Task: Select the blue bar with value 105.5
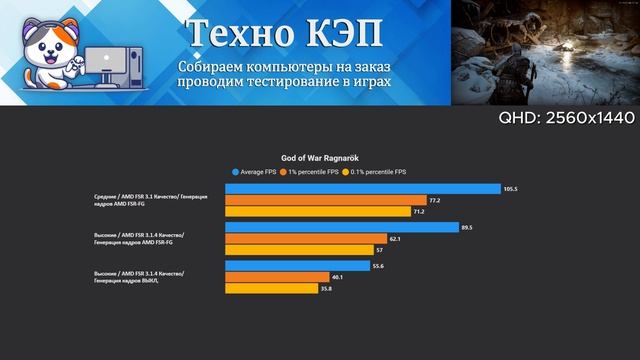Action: tap(363, 189)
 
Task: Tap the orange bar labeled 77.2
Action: tap(326, 200)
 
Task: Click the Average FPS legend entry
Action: tap(258, 172)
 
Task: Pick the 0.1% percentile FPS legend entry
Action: tap(377, 172)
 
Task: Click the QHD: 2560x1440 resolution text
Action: tap(566, 119)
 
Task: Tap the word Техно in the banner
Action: tap(236, 32)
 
